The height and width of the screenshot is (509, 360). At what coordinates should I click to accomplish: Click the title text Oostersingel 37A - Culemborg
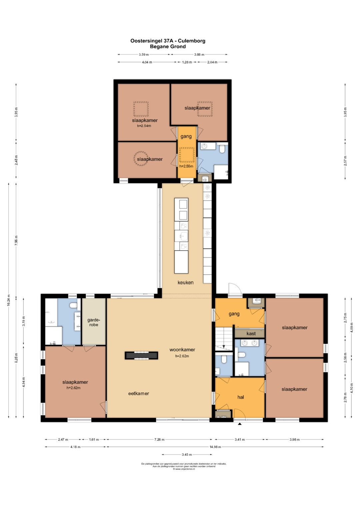pyautogui.click(x=168, y=41)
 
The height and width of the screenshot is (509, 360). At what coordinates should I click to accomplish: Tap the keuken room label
pyautogui.click(x=185, y=282)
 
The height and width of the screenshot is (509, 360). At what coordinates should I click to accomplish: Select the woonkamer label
pyautogui.click(x=182, y=349)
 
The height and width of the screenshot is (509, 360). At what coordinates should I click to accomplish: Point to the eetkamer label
pyautogui.click(x=139, y=393)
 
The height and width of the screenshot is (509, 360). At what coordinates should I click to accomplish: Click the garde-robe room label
pyautogui.click(x=94, y=322)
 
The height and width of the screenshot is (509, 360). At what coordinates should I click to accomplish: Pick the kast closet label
pyautogui.click(x=251, y=334)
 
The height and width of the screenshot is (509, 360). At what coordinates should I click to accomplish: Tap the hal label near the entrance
pyautogui.click(x=240, y=397)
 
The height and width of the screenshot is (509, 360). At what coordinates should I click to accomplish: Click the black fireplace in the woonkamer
pyautogui.click(x=141, y=355)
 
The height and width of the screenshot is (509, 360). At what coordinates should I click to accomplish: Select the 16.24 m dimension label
pyautogui.click(x=9, y=300)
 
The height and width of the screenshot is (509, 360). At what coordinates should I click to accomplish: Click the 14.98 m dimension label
pyautogui.click(x=215, y=447)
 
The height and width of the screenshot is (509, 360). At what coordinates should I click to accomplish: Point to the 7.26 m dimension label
pyautogui.click(x=159, y=439)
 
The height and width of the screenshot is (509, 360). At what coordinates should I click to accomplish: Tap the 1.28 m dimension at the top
pyautogui.click(x=187, y=62)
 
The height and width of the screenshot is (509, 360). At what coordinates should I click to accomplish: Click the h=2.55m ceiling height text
pyautogui.click(x=186, y=166)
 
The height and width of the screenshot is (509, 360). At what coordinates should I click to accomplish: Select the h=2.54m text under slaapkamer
pyautogui.click(x=144, y=126)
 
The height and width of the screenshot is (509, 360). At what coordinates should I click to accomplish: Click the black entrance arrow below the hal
pyautogui.click(x=240, y=424)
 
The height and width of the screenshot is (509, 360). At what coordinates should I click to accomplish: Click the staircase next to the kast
pyautogui.click(x=224, y=339)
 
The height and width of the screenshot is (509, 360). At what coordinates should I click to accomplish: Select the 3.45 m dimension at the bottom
pyautogui.click(x=187, y=454)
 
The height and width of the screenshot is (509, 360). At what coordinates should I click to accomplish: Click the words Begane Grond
pyautogui.click(x=168, y=47)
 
